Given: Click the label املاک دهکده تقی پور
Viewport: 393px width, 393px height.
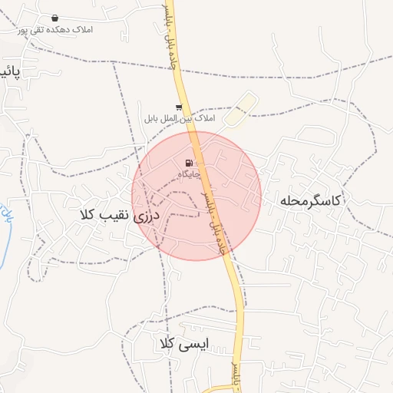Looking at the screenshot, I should [54, 30].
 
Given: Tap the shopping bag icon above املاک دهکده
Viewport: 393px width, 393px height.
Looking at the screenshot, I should [54, 18].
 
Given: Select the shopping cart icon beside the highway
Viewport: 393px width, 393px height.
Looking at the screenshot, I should [179, 107].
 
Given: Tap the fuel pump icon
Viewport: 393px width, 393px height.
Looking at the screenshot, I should [189, 162].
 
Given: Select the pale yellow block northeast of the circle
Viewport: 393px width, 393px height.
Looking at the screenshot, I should [240, 111].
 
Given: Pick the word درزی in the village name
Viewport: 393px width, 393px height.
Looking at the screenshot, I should [146, 217].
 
